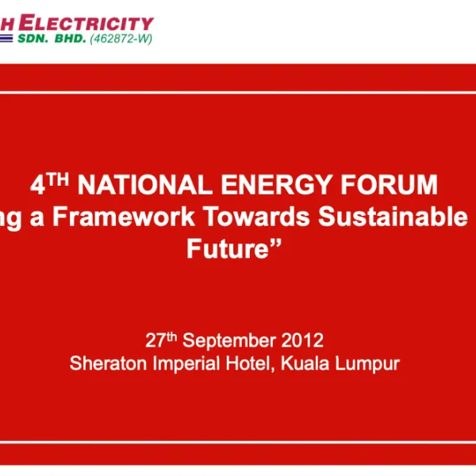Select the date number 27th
coord(161,340)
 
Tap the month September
coord(230,341)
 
